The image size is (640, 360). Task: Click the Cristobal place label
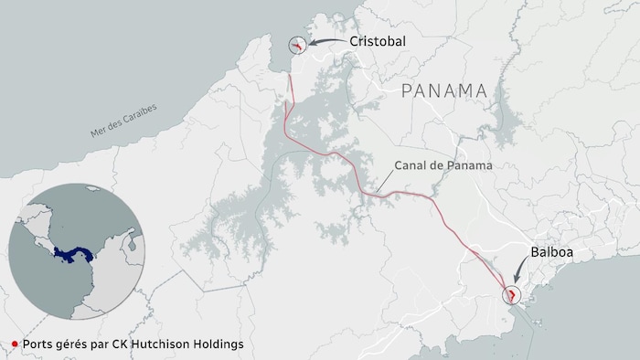[377, 42]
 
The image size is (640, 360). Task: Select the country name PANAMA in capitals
[443, 90]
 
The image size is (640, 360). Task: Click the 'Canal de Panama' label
[443, 166]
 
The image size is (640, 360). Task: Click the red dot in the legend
[14, 344]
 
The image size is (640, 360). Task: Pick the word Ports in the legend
[37, 344]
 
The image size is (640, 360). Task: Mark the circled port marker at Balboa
[512, 294]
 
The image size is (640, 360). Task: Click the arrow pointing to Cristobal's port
[325, 42]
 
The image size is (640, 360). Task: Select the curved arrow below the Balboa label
[521, 271]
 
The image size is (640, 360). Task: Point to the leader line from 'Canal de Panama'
[384, 181]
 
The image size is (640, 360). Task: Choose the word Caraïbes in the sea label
[139, 114]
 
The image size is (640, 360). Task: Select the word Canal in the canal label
[410, 166]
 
